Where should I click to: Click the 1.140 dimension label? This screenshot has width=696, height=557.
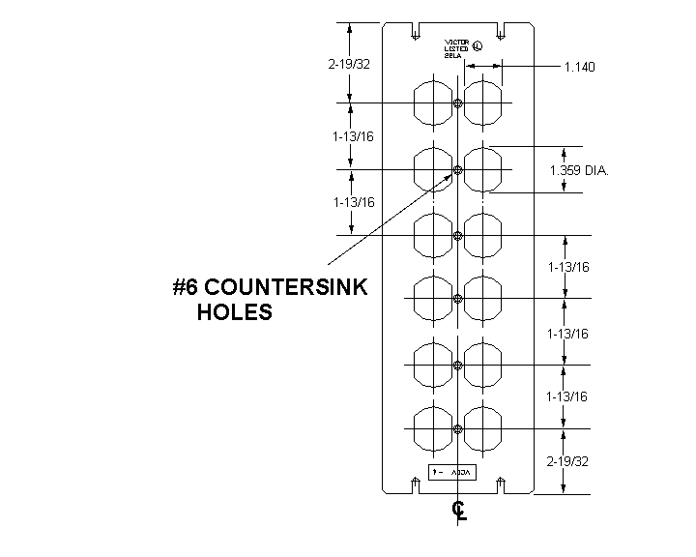coord(579,67)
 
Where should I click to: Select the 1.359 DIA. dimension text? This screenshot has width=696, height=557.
coord(579,171)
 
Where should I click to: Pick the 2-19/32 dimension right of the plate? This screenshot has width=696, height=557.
coord(567,461)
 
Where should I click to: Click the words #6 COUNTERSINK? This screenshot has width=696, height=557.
coord(270,288)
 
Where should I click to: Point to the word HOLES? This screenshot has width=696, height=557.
coord(235,312)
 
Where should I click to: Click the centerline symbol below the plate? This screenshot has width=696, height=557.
coord(459,510)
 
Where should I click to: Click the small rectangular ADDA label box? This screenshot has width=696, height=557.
coord(449,472)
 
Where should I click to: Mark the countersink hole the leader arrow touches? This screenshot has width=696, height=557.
coord(458,170)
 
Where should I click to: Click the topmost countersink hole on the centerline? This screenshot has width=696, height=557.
coord(458,103)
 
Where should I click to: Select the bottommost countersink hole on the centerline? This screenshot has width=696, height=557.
coord(458,428)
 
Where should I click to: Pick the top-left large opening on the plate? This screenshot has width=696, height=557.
coord(432,103)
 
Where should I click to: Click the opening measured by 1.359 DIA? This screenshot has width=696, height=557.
coord(484,170)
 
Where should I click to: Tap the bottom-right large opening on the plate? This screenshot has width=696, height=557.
coord(484,428)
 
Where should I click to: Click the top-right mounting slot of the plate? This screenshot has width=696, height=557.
coord(502,32)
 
